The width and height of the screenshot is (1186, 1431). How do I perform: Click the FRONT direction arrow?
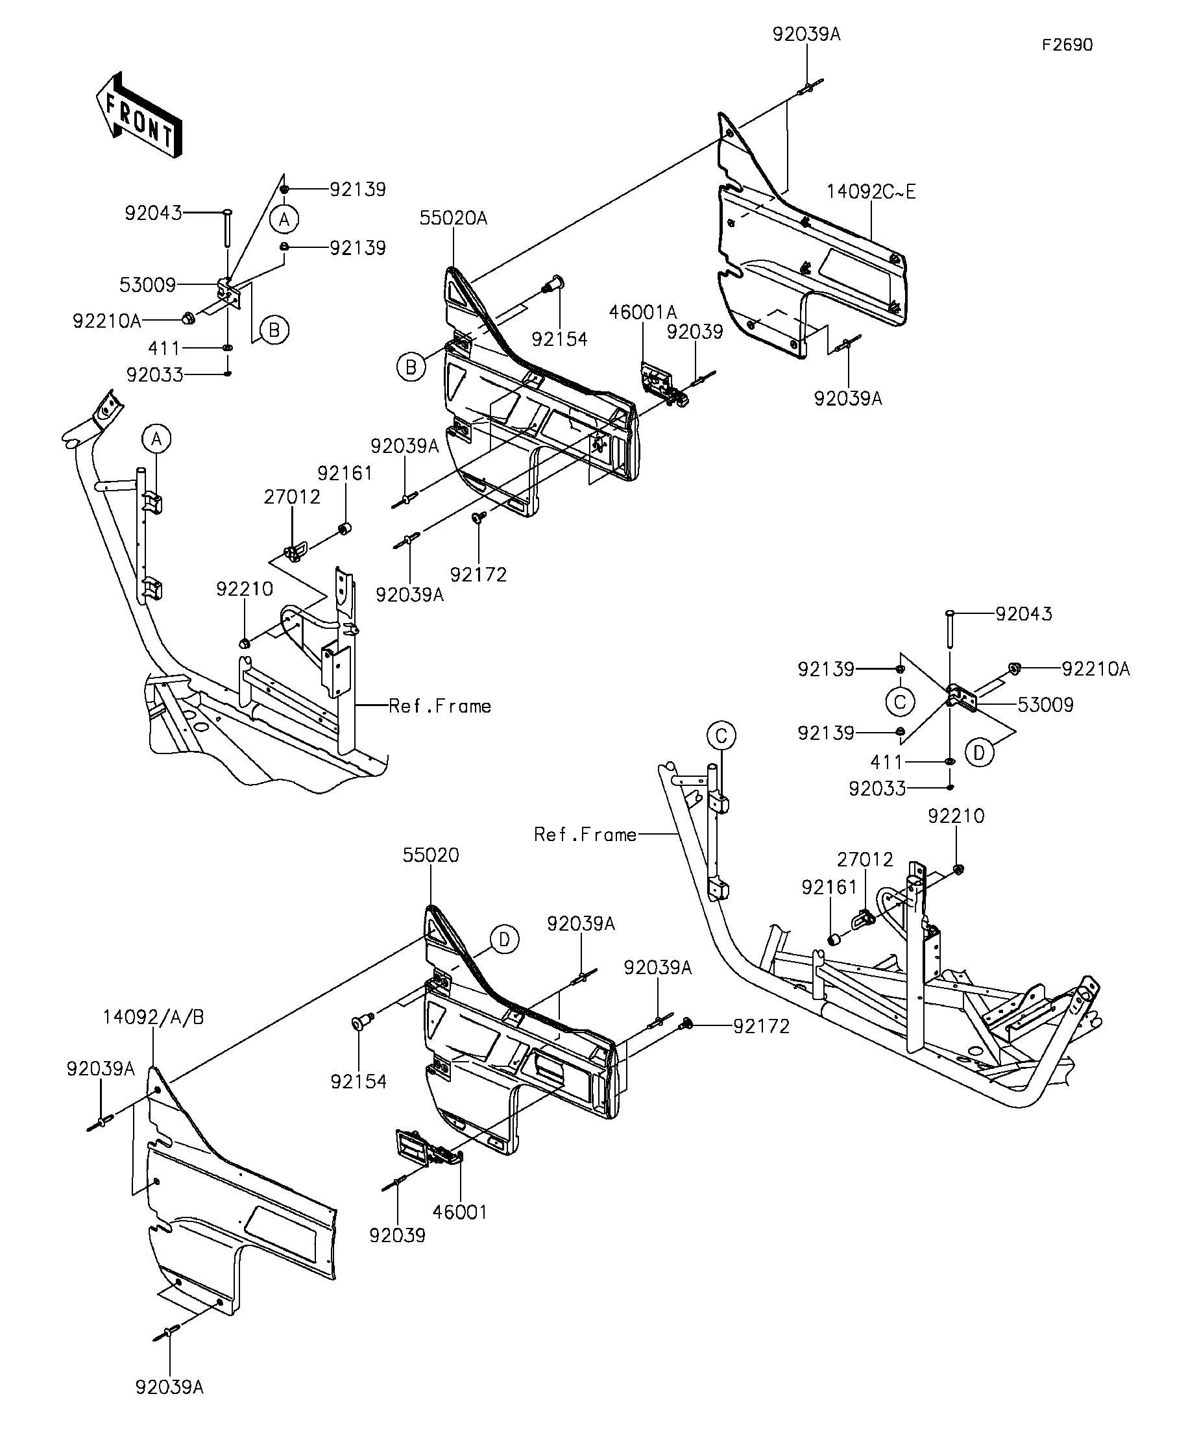139,115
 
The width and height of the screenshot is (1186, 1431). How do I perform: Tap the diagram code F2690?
1067,45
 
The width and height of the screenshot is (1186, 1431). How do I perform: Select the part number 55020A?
454,218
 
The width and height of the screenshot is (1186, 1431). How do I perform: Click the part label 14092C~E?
871,192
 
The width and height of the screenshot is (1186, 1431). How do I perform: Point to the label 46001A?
643,312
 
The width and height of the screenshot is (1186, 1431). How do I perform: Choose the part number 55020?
431,855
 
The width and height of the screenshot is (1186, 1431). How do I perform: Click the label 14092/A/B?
154,1018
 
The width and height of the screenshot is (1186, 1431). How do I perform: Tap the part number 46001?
461,1212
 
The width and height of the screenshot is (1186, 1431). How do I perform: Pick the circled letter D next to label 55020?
504,940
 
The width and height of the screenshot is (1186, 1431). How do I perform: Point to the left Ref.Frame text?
440,706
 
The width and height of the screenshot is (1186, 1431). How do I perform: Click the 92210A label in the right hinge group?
1096,669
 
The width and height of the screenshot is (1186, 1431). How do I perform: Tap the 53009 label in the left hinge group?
148,285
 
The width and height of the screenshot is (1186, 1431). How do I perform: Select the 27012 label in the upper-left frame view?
292,496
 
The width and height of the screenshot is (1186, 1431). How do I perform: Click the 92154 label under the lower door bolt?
359,1081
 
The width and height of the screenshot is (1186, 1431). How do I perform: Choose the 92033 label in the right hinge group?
877,789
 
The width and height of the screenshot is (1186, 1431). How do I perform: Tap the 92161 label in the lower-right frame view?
830,887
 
